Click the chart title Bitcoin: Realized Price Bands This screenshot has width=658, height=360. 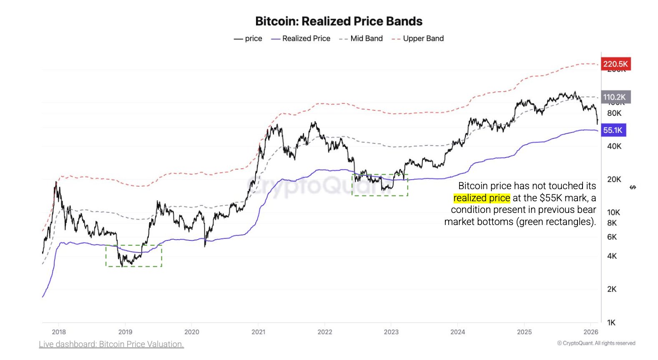point(339,21)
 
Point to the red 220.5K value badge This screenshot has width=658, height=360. point(615,64)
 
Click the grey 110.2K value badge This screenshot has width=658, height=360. point(615,97)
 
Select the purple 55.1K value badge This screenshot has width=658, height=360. point(613,130)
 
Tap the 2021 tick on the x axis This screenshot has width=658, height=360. point(258,332)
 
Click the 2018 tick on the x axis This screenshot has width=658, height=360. point(59,332)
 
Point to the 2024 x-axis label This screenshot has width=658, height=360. point(457,332)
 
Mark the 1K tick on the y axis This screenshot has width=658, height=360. point(611,322)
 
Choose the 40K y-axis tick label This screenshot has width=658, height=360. point(614,146)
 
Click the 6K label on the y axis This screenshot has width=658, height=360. point(612,237)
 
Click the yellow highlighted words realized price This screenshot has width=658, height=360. point(482,198)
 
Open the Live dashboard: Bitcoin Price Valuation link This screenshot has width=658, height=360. point(111,344)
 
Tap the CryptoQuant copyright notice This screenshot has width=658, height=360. point(596,343)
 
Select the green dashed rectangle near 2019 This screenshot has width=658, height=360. point(134,256)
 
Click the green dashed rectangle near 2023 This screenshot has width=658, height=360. point(380,185)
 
